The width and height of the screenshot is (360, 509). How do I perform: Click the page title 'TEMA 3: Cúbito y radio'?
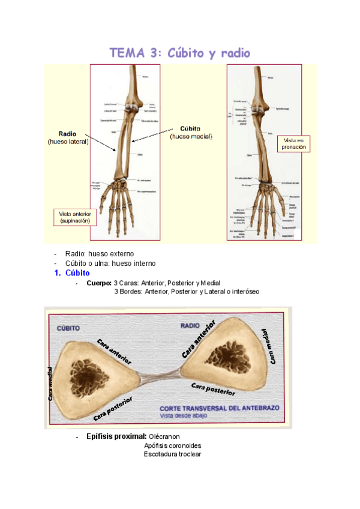[x=180, y=53]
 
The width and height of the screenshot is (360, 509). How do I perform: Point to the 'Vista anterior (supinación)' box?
[x=75, y=217]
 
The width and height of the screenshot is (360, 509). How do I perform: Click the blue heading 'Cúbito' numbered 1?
[x=77, y=273]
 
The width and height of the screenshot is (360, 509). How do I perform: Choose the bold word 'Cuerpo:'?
[x=99, y=283]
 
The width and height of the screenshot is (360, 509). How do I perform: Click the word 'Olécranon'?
[x=164, y=436]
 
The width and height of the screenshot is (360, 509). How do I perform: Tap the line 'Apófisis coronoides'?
[x=172, y=445]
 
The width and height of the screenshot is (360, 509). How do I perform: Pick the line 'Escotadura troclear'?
[x=172, y=454]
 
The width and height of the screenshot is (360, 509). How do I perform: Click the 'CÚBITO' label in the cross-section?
[x=70, y=328]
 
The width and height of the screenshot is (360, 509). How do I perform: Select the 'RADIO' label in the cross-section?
[x=191, y=325]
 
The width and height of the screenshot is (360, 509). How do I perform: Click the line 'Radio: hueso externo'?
[x=100, y=254]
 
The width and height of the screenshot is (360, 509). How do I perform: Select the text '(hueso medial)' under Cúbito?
[x=191, y=136]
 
